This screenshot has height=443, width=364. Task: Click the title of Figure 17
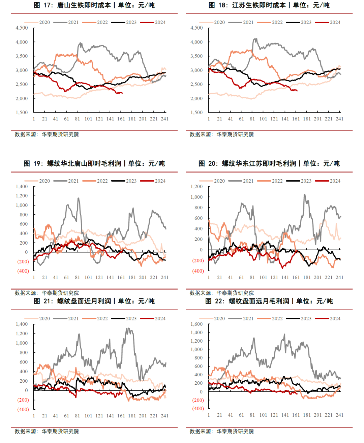click(94, 5)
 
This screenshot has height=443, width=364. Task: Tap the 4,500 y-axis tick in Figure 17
click(22, 28)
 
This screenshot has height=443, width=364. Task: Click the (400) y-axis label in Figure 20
click(198, 271)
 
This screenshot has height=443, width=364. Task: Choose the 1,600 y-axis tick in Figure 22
click(197, 324)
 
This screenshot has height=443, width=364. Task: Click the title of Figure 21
click(94, 301)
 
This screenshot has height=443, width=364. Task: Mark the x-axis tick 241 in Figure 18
click(339, 119)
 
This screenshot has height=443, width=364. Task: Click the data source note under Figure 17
click(47, 134)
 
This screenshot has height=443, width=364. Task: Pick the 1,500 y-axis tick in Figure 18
click(197, 113)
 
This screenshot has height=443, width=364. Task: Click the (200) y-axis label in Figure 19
click(23, 261)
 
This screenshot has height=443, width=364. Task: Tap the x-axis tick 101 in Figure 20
click(263, 278)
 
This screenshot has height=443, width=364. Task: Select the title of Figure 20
click(269, 163)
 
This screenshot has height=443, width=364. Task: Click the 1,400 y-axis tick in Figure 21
click(22, 324)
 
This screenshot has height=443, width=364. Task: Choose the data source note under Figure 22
click(222, 431)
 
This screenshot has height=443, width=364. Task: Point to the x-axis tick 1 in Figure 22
click(209, 415)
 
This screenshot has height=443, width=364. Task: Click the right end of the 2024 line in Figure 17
click(122, 93)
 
